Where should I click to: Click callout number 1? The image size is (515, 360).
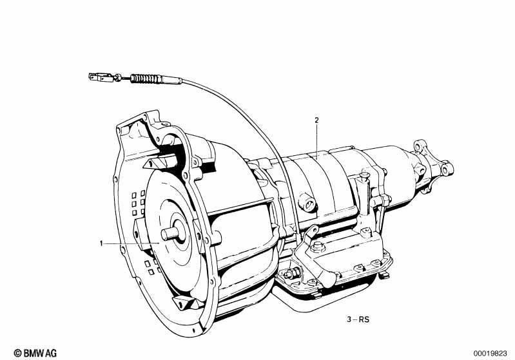point(101,243)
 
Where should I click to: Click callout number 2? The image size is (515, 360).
point(316,120)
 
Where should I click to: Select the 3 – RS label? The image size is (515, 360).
point(358,319)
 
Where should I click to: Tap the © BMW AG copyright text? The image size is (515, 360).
point(35,353)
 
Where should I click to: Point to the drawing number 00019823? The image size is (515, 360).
point(490,354)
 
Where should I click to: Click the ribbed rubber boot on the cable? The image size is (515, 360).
point(146,79)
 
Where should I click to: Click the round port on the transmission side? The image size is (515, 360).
point(308,203)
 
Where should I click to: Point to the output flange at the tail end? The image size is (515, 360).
point(434,158)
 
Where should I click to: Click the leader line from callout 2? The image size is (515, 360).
point(316,141)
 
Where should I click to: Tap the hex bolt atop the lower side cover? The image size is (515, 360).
point(318,246)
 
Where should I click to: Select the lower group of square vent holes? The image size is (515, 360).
point(152,266)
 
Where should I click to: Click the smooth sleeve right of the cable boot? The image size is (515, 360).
point(171,80)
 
